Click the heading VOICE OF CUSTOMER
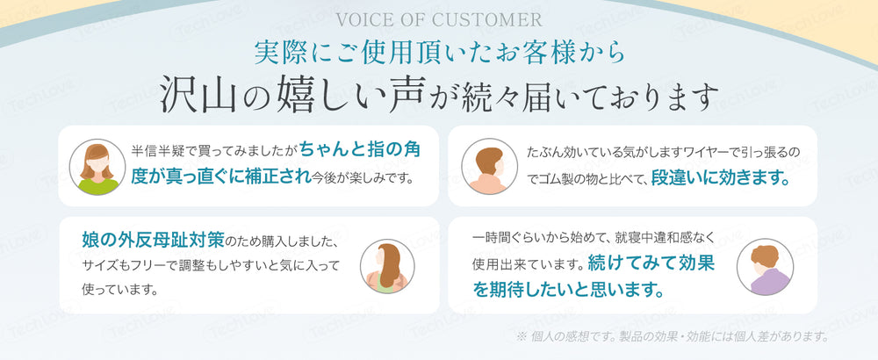coord(439,20)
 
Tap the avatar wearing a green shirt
coord(97,167)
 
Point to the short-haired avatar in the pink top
coord(489,167)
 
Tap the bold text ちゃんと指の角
coord(359,150)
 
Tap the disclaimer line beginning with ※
coord(672,337)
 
